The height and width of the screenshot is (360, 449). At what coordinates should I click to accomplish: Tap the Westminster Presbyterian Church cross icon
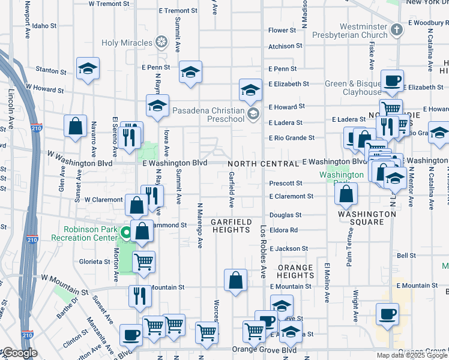(396, 29)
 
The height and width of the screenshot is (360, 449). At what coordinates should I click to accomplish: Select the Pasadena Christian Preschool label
(208, 115)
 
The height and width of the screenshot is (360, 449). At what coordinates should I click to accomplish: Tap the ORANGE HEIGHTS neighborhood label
(295, 272)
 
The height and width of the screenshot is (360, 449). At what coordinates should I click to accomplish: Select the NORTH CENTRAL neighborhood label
(262, 164)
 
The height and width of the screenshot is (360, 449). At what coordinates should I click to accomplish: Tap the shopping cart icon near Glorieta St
(143, 262)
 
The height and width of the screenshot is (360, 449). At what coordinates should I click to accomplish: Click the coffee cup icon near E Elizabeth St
(392, 80)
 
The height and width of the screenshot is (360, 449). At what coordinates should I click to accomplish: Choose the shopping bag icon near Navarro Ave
(76, 127)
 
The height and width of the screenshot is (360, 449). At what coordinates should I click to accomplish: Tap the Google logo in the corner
(19, 353)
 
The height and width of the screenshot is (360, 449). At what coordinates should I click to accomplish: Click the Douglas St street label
(285, 215)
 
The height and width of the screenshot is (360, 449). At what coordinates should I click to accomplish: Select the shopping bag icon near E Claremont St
(346, 193)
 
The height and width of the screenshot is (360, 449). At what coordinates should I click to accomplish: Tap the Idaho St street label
(44, 26)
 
